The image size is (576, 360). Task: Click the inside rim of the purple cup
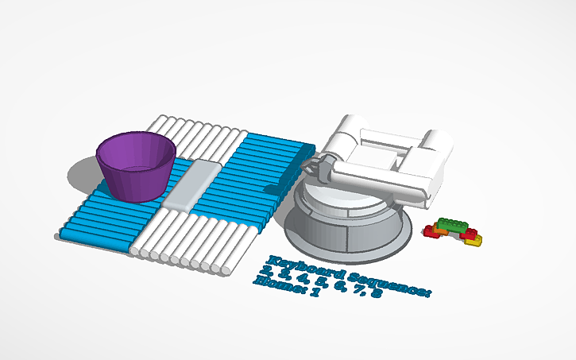(135, 150)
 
